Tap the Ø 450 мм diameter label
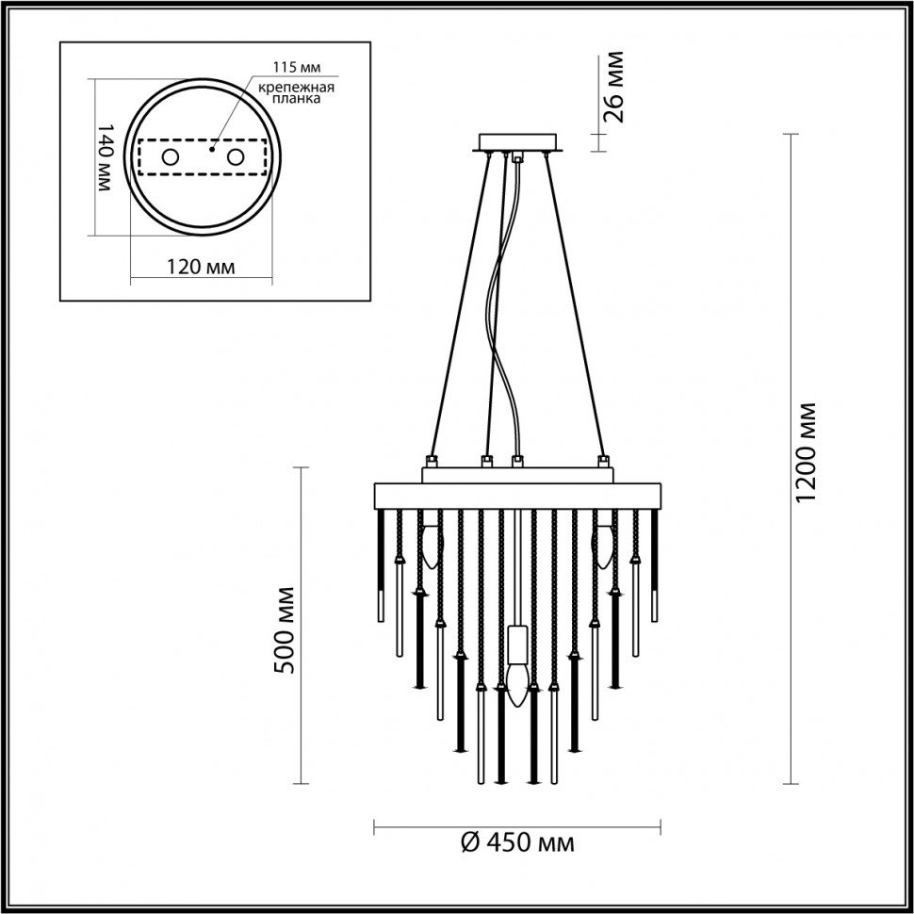[x=518, y=841]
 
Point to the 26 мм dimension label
[x=613, y=89]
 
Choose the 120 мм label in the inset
[x=200, y=267]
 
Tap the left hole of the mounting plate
[x=171, y=157]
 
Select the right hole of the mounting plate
[x=232, y=157]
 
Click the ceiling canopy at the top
[x=518, y=143]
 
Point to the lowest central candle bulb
[x=515, y=683]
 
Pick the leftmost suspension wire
[x=462, y=302]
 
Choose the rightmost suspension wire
[x=575, y=302]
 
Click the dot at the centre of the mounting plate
[x=213, y=148]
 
